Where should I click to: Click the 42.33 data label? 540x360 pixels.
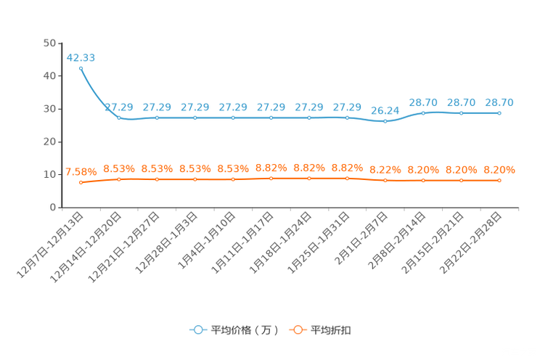point(81,57)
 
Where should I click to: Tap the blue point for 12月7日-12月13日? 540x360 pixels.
point(81,68)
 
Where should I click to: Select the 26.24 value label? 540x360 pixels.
point(385,110)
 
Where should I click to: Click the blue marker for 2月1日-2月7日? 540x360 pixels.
point(385,121)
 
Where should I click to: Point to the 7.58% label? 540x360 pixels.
point(81,171)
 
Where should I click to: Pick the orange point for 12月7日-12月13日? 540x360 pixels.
point(81,183)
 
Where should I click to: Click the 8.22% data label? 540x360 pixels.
point(385,170)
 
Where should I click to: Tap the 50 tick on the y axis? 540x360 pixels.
point(49,43)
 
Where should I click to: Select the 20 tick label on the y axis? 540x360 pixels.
point(49,142)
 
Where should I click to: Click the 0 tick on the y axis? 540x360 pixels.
point(53,208)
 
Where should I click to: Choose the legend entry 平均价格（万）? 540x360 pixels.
point(234,330)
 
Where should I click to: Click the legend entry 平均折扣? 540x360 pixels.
point(320,330)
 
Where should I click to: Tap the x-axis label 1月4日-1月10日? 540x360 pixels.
point(207,240)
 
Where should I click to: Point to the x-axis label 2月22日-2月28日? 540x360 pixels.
point(470,243)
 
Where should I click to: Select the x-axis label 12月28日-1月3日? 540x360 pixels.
point(166,243)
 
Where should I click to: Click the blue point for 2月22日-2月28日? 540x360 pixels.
point(499,113)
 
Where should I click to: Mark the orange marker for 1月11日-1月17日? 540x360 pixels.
point(271,179)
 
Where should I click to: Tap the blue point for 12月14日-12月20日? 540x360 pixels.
point(119,118)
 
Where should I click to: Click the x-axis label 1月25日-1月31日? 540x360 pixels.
point(319,243)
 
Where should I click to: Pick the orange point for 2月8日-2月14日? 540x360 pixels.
point(423,181)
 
